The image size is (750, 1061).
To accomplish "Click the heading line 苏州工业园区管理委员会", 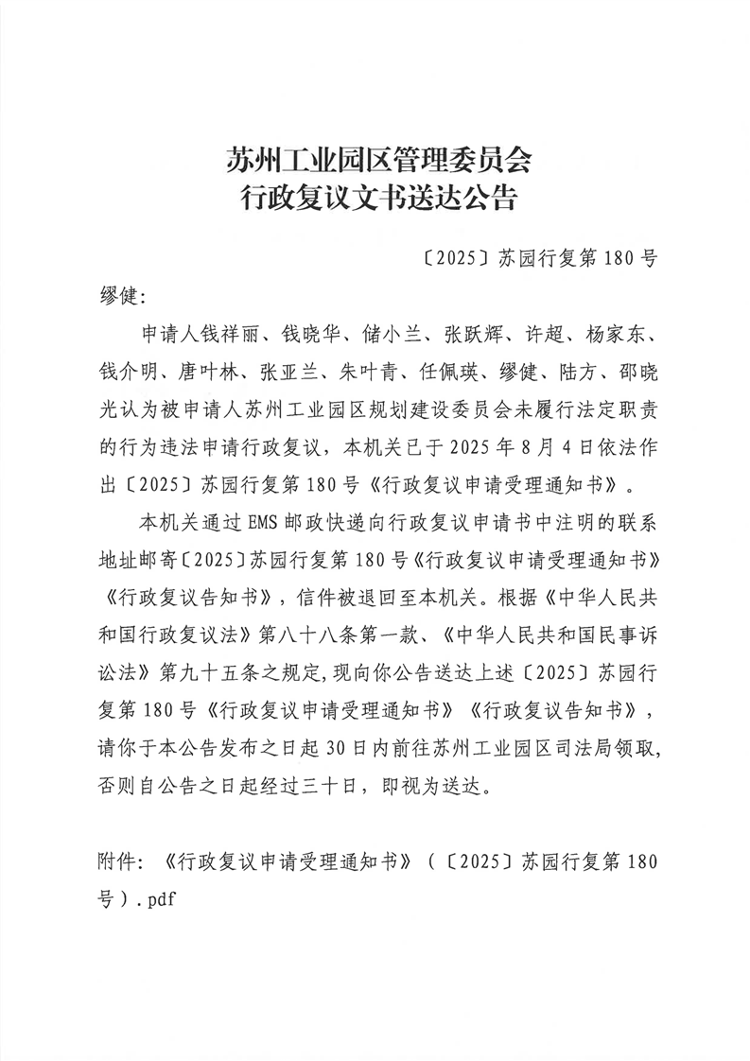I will [x=378, y=158].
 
